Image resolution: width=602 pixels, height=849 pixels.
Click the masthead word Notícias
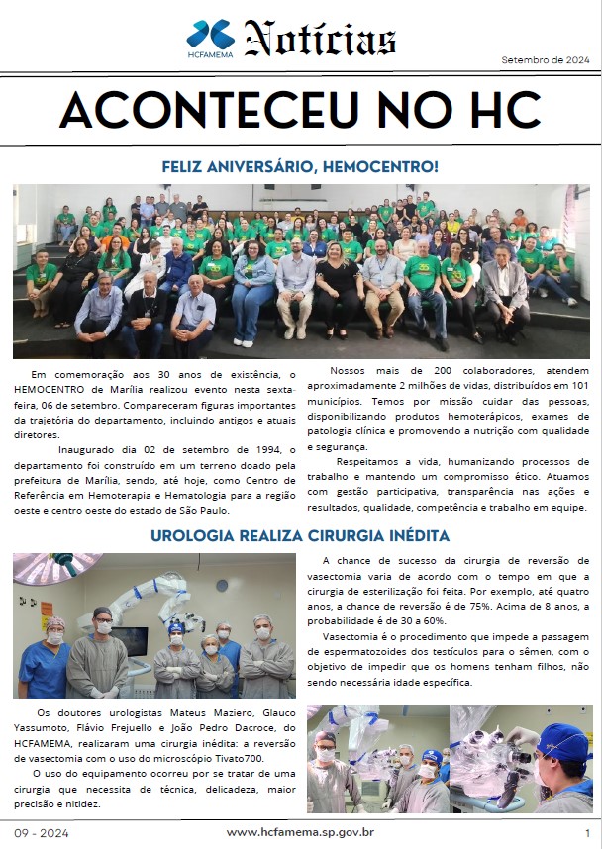(321, 40)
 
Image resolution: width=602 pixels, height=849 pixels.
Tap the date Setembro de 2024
(545, 60)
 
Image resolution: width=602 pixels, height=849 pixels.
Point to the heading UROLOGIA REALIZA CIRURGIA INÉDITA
(300, 536)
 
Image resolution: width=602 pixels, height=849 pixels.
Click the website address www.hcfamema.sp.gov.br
(300, 832)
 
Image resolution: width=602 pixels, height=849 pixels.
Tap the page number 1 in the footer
(588, 832)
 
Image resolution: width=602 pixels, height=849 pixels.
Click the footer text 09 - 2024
(37, 832)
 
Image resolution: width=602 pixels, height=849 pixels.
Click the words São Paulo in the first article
(205, 510)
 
